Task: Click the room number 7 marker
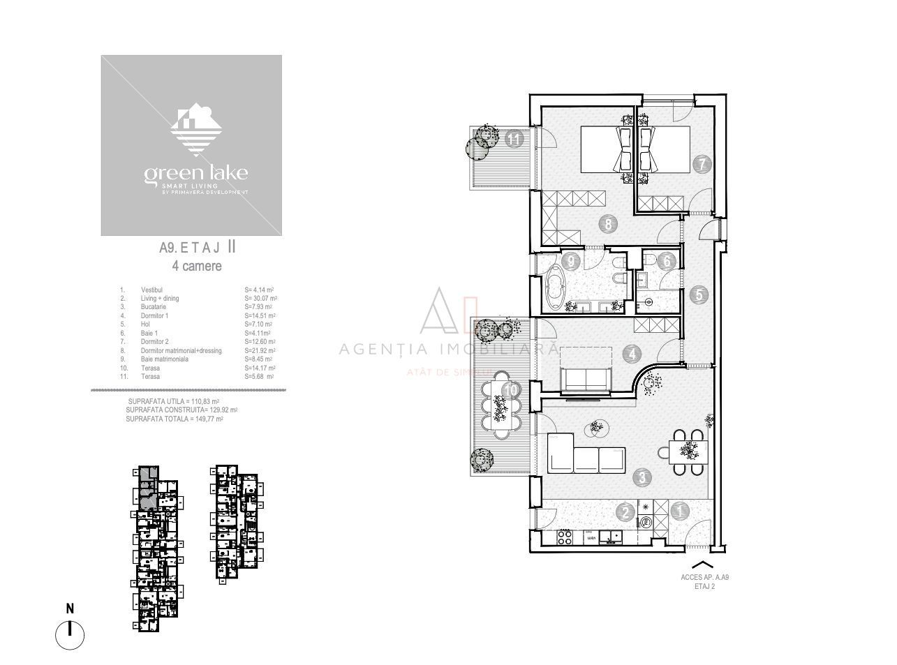(x=702, y=165)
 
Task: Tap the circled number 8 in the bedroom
(x=608, y=224)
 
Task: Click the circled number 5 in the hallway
(x=699, y=294)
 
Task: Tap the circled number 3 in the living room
(x=642, y=478)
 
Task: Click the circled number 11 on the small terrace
(x=514, y=138)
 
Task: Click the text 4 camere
(x=197, y=266)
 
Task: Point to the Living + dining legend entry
(x=160, y=299)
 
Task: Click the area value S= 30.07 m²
(x=260, y=299)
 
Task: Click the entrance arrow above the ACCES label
(x=703, y=564)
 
